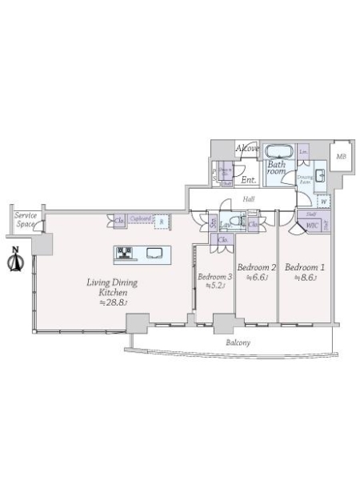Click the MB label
pyautogui.click(x=341, y=157)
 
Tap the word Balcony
pyautogui.click(x=237, y=342)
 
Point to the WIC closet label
pyautogui.click(x=312, y=226)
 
